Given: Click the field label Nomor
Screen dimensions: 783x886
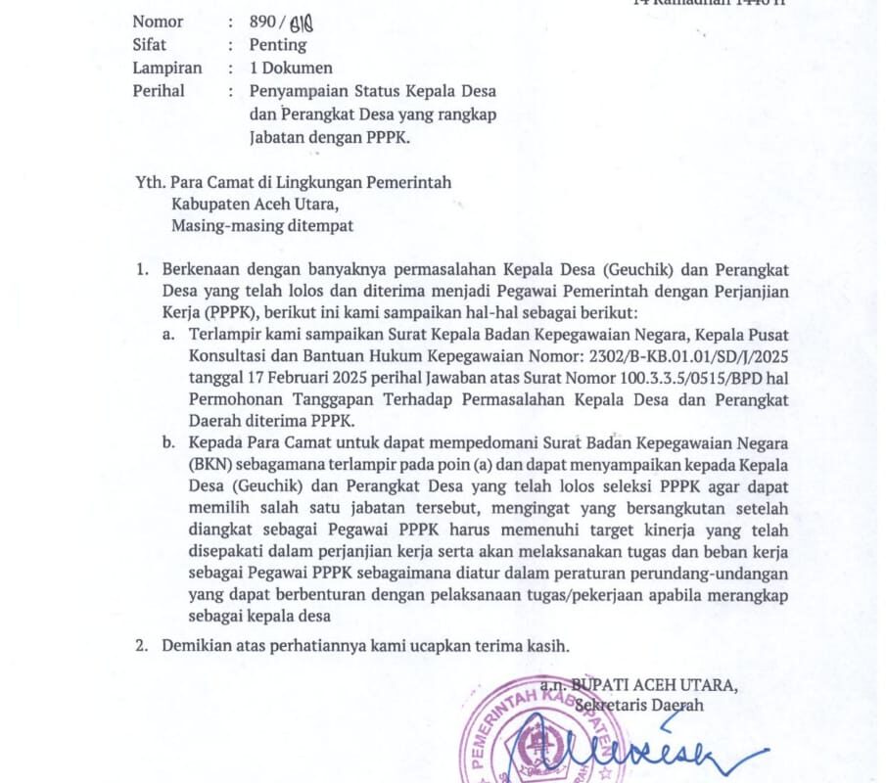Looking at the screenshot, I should click(x=158, y=21).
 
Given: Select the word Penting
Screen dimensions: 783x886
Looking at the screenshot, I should click(x=278, y=44).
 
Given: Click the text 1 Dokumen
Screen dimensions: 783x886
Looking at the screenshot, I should click(x=291, y=68).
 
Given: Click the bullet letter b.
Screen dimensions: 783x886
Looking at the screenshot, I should click(x=169, y=443).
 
